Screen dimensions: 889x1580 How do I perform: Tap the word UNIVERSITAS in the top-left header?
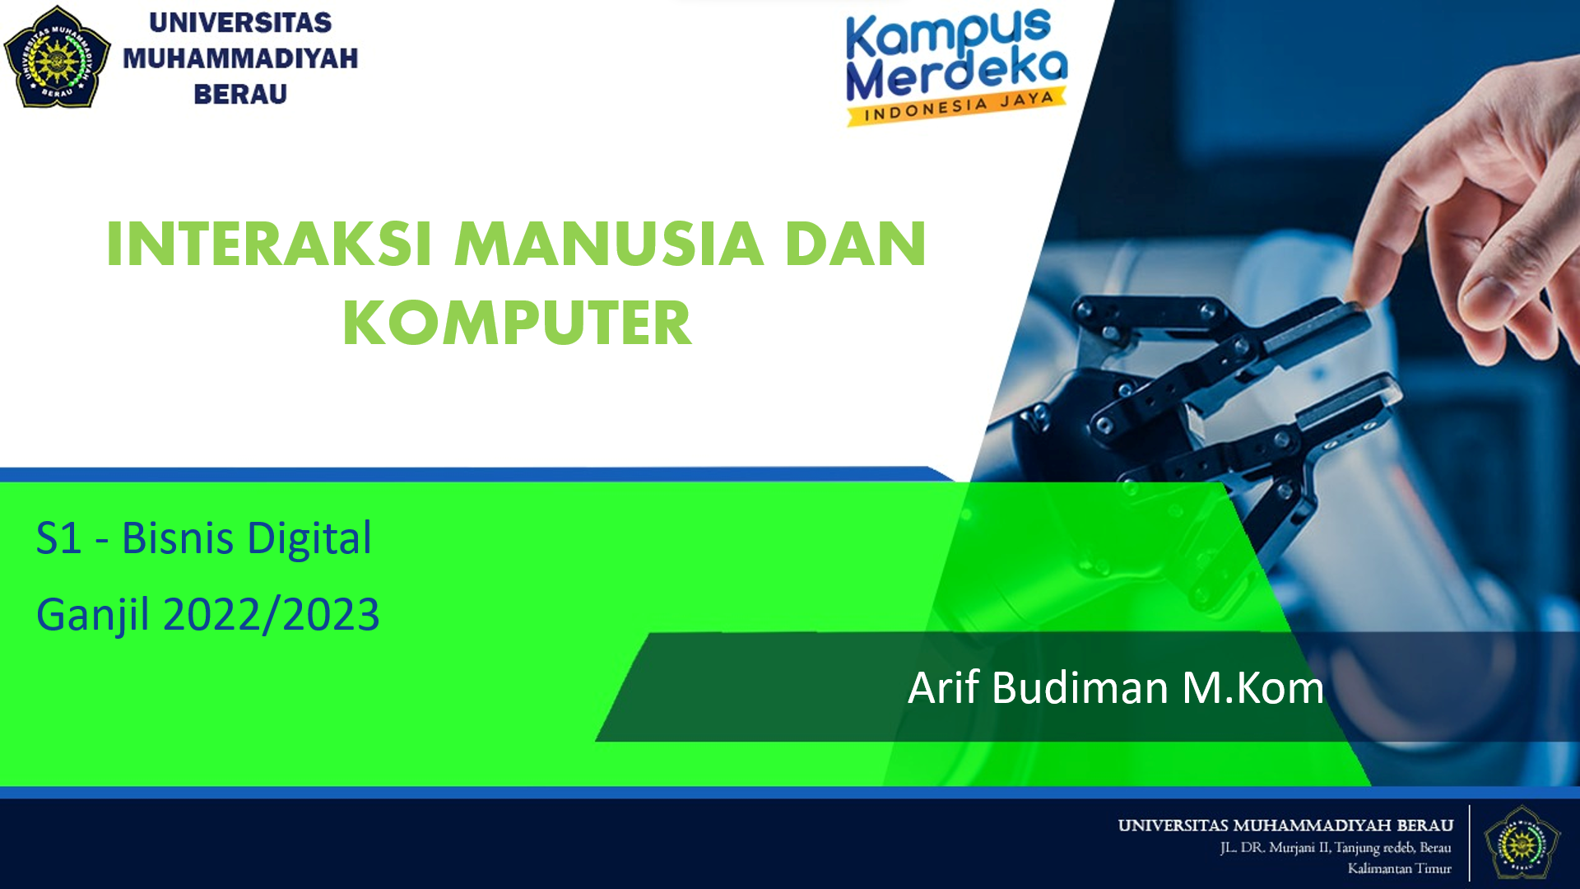pos(240,23)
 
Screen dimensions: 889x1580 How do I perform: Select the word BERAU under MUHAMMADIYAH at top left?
pos(240,95)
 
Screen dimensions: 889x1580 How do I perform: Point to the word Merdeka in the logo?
pos(956,74)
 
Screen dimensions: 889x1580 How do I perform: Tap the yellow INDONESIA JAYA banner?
pos(958,108)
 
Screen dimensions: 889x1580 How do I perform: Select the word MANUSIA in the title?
pos(609,244)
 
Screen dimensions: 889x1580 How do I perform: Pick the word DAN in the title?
pos(856,244)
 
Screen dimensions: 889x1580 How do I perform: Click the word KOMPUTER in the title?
pos(517,323)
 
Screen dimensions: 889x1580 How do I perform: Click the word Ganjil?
pos(92,616)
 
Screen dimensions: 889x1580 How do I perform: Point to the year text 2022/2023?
pos(272,615)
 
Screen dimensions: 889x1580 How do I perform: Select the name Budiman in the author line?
pos(1080,688)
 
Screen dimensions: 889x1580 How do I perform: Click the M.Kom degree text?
pos(1252,688)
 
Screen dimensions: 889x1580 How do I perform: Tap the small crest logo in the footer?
pos(1522,843)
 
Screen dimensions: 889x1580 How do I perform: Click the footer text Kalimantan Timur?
pos(1399,868)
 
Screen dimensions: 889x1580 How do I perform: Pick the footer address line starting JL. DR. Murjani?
pos(1335,848)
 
